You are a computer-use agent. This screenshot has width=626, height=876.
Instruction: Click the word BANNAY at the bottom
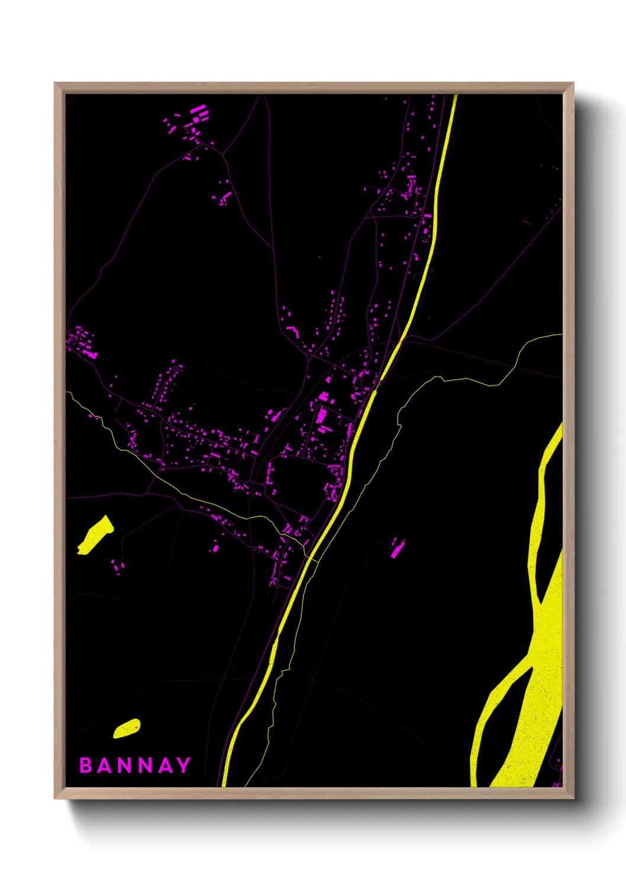(135, 765)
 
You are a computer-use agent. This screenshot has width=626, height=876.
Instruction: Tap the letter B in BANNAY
(86, 765)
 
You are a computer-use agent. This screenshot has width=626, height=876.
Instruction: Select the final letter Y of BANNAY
(183, 765)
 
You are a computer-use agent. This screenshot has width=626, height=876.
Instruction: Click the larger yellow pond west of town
(95, 536)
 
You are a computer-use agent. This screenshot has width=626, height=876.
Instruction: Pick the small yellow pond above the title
(126, 729)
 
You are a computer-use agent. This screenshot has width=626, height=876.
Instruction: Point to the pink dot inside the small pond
(137, 727)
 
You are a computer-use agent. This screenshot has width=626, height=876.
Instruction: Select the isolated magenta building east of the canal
(397, 548)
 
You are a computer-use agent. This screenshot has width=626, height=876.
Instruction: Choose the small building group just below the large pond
(118, 567)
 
